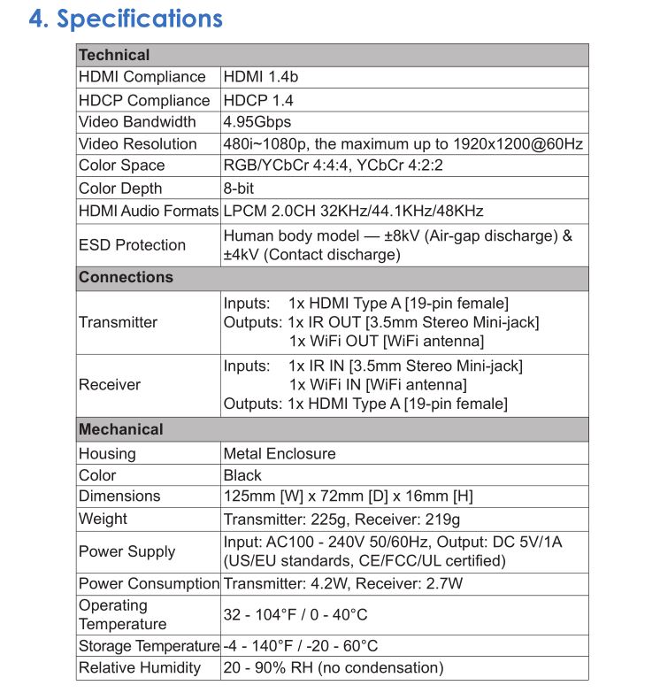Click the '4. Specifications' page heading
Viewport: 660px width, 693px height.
pyautogui.click(x=126, y=19)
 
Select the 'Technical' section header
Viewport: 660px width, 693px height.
pyautogui.click(x=114, y=55)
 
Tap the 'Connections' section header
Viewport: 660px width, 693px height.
pyautogui.click(x=126, y=277)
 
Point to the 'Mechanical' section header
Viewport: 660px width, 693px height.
pyautogui.click(x=121, y=429)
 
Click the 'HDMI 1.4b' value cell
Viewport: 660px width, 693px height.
pyautogui.click(x=261, y=77)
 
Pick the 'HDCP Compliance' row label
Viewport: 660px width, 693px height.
pyautogui.click(x=144, y=100)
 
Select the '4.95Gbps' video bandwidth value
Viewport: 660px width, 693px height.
pyautogui.click(x=257, y=122)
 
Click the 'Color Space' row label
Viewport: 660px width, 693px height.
pyautogui.click(x=121, y=166)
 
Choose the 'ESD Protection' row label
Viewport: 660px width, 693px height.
pyautogui.click(x=132, y=245)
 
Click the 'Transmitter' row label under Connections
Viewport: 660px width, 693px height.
pyautogui.click(x=118, y=322)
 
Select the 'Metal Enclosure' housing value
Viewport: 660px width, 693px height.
pyautogui.click(x=280, y=453)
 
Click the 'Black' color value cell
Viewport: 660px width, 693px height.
pyautogui.click(x=242, y=475)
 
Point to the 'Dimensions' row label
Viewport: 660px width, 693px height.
pyautogui.click(x=119, y=496)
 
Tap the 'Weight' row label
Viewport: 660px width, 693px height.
pyautogui.click(x=103, y=519)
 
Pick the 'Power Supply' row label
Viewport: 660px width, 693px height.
pyautogui.click(x=127, y=551)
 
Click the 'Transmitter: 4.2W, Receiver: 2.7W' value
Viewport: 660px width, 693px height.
pyautogui.click(x=343, y=583)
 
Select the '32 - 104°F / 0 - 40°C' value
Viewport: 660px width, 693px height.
pyautogui.click(x=295, y=614)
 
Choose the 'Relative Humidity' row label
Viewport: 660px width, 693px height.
pyautogui.click(x=140, y=668)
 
